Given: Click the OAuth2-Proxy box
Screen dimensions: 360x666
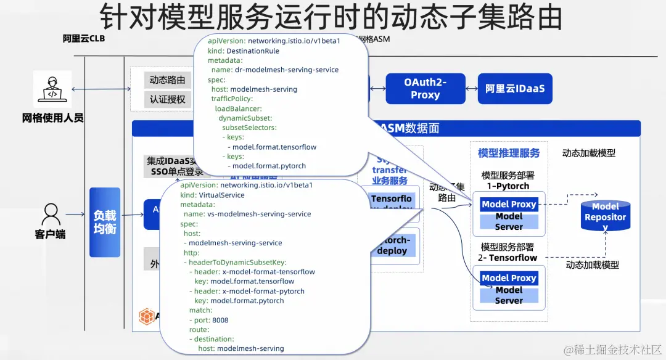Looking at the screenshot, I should [x=425, y=89].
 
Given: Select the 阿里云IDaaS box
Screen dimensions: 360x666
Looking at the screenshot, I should [x=515, y=89].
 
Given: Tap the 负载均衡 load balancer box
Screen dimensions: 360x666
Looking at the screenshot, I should [x=105, y=222].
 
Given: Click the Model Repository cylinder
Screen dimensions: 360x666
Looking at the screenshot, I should [x=605, y=216].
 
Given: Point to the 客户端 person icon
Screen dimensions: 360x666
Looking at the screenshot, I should [x=50, y=215].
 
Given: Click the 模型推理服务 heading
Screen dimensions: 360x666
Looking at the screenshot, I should [x=509, y=153].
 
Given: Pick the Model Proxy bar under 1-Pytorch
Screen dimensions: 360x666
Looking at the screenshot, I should [x=509, y=205].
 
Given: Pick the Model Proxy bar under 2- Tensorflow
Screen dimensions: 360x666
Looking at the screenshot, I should [x=509, y=278].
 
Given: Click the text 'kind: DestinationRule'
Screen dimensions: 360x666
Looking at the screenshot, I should [x=244, y=51].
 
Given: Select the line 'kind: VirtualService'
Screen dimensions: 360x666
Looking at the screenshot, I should [x=212, y=195].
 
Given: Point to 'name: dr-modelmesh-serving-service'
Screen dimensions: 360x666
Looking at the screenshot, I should [x=274, y=70].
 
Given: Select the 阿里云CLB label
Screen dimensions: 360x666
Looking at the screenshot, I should [x=84, y=39].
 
